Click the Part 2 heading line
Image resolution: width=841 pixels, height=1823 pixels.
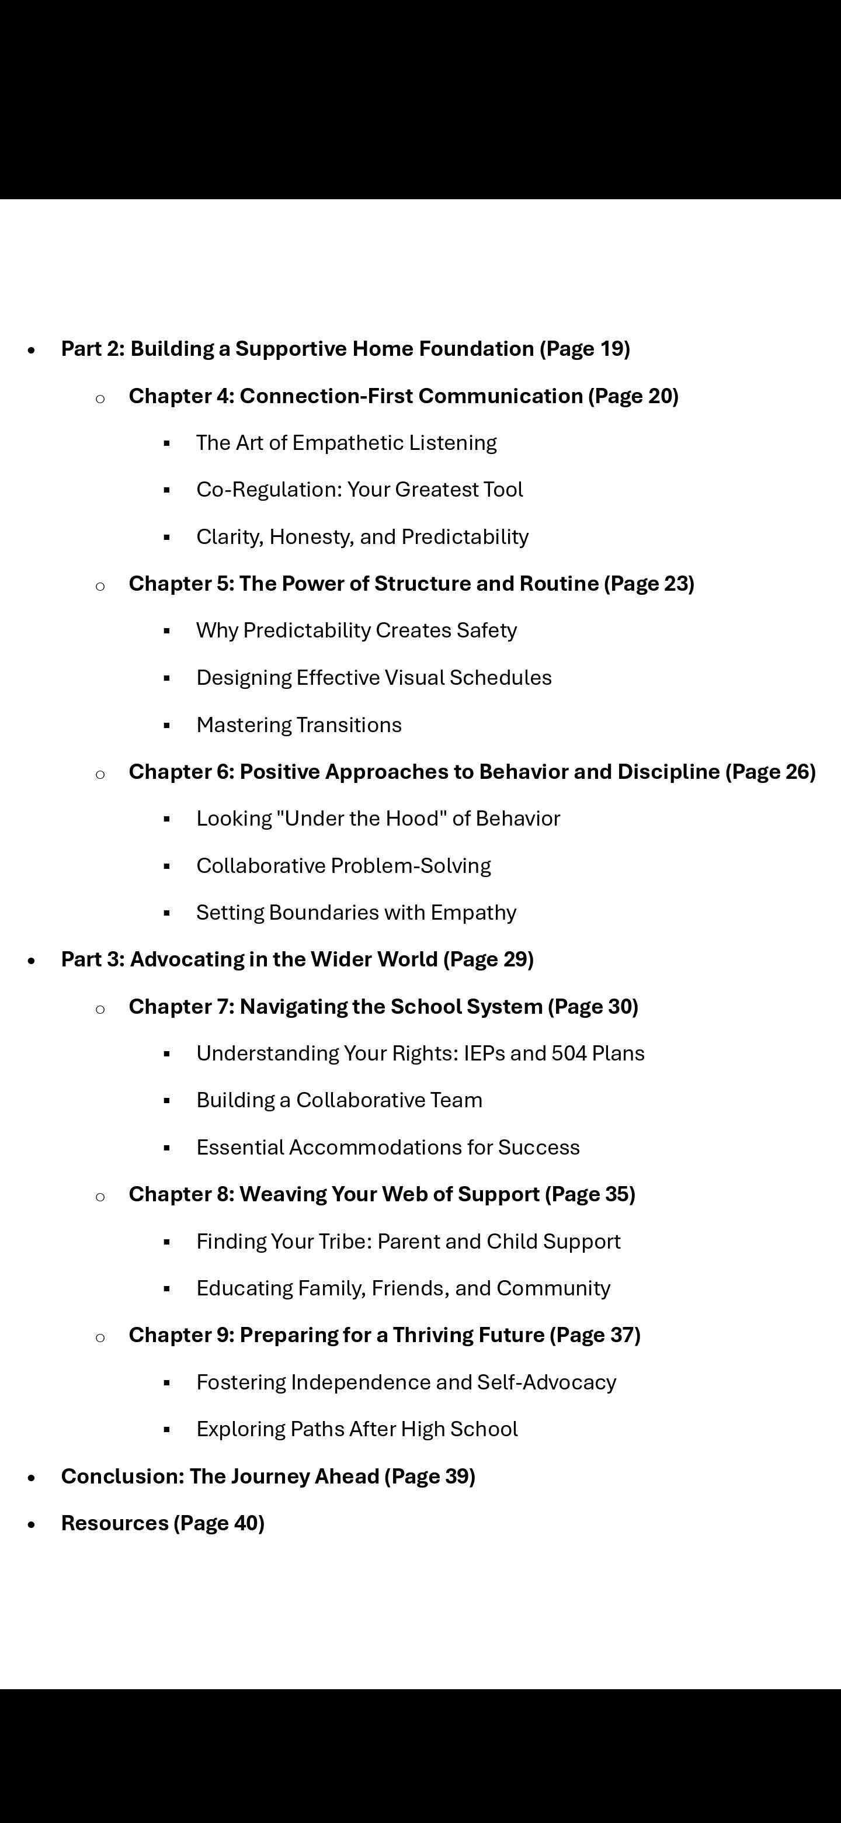click(x=345, y=348)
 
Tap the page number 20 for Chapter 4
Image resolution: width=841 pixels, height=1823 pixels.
click(x=662, y=396)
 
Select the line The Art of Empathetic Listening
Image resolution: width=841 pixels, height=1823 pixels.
click(x=346, y=442)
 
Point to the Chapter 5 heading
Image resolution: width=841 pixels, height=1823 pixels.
click(x=411, y=583)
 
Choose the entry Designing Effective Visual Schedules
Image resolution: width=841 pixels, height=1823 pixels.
click(x=373, y=677)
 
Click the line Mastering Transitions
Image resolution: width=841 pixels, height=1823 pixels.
click(x=298, y=725)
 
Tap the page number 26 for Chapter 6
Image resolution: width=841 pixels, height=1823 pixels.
click(x=798, y=771)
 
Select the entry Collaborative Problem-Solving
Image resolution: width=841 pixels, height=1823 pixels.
click(x=343, y=865)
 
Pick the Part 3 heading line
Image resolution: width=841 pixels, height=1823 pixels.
click(x=297, y=959)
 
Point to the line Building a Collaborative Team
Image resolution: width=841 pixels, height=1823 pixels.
click(x=339, y=1100)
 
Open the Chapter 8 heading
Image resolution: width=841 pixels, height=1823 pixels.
click(x=381, y=1194)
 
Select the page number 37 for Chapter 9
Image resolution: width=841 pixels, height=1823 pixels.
click(x=624, y=1335)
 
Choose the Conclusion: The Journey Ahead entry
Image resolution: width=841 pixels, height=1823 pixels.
click(x=267, y=1477)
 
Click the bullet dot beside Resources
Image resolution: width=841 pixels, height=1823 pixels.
click(x=31, y=1524)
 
